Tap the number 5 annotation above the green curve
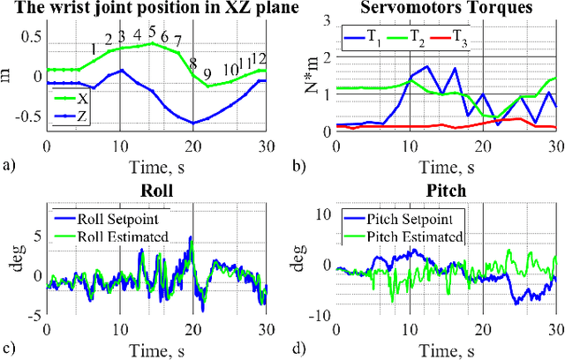152,33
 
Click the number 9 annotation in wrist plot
207,74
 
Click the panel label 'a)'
10,164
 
